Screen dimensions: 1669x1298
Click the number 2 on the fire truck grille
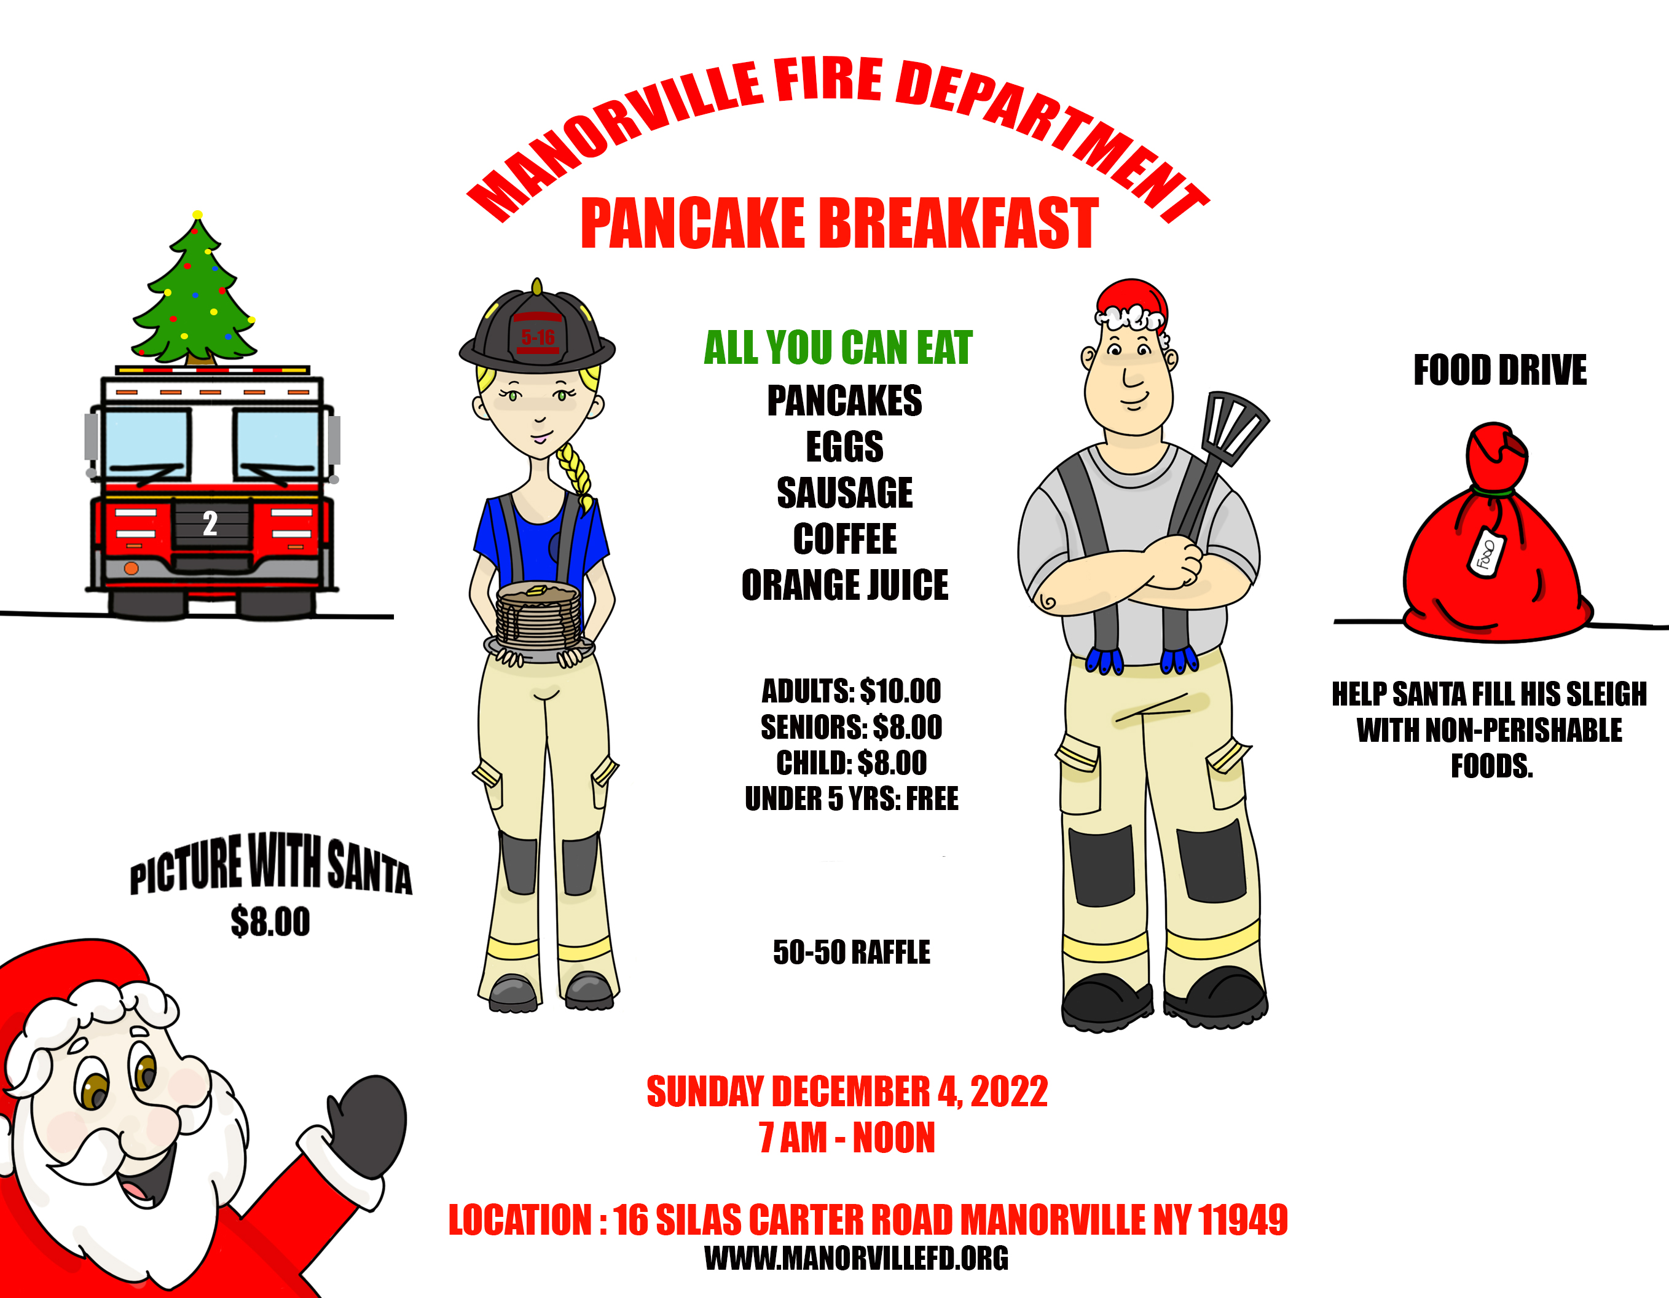[210, 524]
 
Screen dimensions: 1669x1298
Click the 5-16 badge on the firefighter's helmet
[538, 337]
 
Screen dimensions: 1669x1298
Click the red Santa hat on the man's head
[1132, 304]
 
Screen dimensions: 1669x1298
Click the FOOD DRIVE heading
[1499, 371]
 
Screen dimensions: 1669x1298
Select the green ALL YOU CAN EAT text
[838, 348]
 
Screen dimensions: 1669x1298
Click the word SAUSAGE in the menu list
[844, 492]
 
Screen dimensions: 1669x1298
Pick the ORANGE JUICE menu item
[844, 585]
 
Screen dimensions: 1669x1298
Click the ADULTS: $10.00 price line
[850, 691]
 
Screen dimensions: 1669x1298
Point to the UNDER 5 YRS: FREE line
[851, 799]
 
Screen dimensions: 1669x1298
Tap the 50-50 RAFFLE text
[851, 953]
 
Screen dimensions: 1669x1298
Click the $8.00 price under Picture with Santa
[270, 921]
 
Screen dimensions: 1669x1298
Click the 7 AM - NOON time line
[847, 1138]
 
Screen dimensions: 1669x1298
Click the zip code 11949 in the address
[1243, 1219]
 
